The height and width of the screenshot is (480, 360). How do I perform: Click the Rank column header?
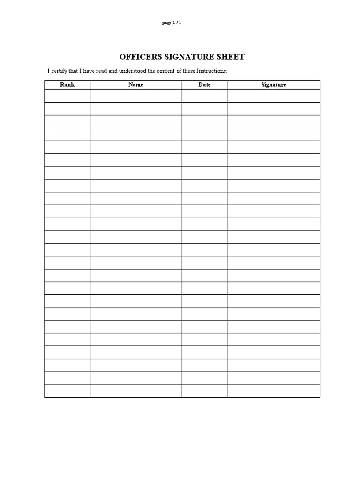[67, 85]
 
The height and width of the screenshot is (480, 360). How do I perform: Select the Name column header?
[136, 85]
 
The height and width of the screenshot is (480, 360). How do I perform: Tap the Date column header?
[205, 85]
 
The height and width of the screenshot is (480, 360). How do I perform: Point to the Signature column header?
[274, 85]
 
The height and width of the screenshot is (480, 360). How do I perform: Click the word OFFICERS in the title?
[140, 57]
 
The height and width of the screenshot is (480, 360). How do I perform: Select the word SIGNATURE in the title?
[189, 57]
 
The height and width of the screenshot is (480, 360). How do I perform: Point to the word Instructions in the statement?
[210, 71]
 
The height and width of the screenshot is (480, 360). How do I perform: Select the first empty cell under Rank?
[67, 96]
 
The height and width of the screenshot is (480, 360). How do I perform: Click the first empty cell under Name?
[136, 96]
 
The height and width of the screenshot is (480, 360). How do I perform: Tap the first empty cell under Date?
[205, 96]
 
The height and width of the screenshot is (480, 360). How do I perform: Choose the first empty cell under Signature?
[274, 96]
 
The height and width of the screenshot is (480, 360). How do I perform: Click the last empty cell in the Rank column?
[67, 391]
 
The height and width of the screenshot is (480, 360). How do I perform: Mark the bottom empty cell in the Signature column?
[274, 391]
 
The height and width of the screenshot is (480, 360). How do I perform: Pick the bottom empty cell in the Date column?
[205, 391]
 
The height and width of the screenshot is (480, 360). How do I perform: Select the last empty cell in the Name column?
[136, 391]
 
